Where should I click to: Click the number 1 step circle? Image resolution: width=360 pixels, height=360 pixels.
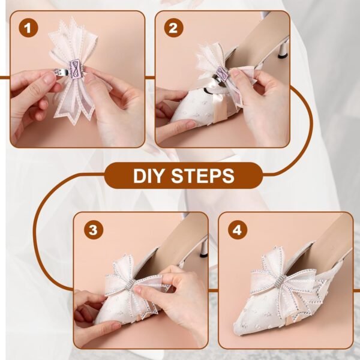26,28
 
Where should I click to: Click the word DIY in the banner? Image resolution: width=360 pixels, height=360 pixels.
150,176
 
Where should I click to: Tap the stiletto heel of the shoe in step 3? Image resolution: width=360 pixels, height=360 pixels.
203,245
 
